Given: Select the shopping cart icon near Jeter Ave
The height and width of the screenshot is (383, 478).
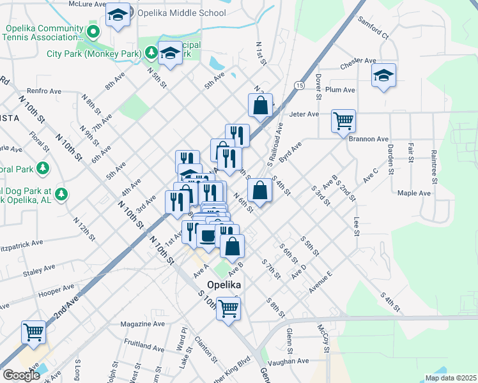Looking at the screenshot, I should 343,120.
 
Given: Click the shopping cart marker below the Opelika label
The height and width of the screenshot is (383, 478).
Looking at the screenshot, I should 228,309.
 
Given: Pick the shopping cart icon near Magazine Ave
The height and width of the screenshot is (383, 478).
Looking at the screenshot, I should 33,331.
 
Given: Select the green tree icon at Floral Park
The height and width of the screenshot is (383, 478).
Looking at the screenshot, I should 43,169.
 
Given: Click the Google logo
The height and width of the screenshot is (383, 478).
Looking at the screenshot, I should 21,375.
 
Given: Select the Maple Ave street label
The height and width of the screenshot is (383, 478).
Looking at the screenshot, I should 414,193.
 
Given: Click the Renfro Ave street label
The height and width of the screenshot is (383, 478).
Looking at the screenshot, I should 43,91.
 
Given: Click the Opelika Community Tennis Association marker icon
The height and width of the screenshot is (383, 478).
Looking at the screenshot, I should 94,29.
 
